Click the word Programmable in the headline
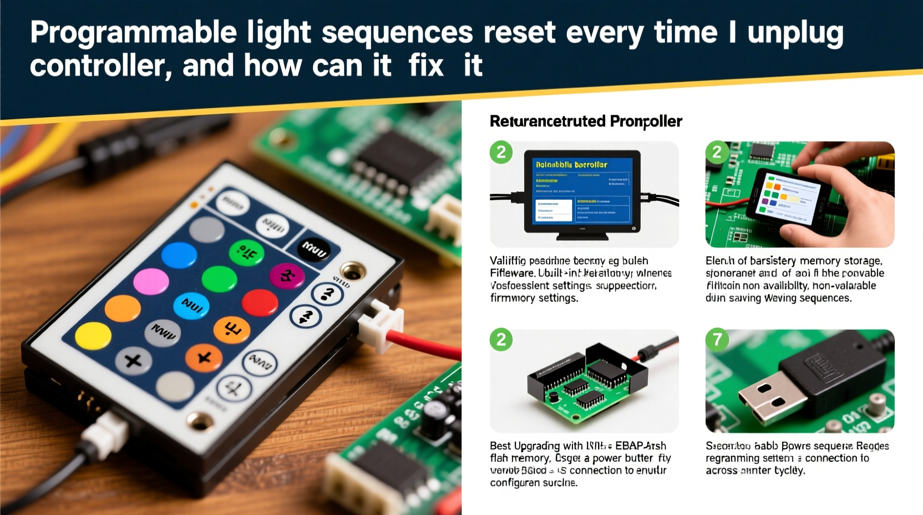133,33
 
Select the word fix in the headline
426,66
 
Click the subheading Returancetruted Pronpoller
585,121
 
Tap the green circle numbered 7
717,339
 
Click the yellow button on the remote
93,335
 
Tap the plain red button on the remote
260,303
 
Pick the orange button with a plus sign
204,357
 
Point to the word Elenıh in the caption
719,261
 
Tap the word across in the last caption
721,471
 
